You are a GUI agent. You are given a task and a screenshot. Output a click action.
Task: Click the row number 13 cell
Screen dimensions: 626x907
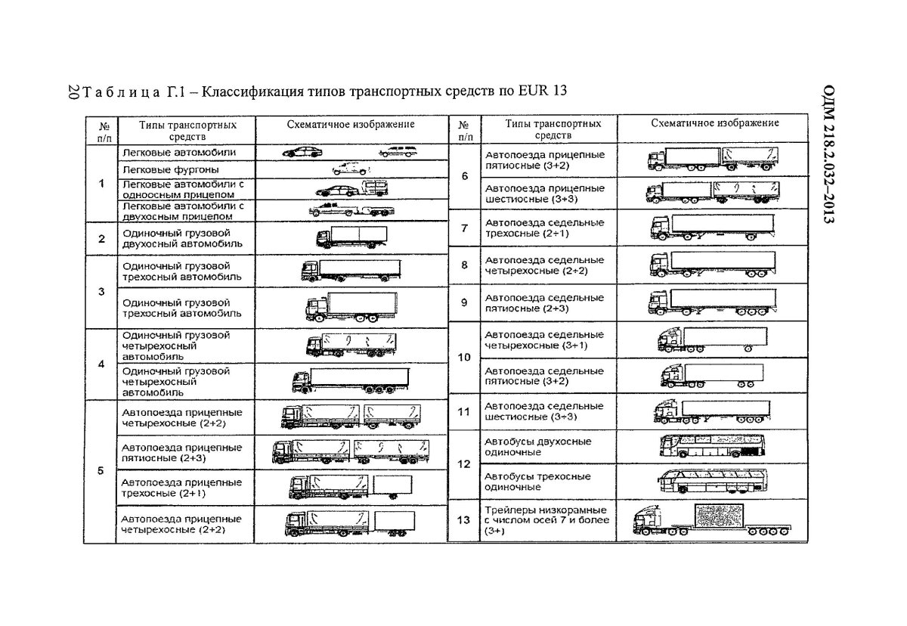pos(464,520)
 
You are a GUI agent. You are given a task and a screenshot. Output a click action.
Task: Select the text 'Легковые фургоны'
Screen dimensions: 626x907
pos(160,169)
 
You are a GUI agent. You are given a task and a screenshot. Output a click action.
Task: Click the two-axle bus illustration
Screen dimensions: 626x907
pos(707,448)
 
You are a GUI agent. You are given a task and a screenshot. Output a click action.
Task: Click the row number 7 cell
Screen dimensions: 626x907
pos(464,228)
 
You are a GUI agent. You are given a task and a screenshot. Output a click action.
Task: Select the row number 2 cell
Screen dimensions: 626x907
pos(101,239)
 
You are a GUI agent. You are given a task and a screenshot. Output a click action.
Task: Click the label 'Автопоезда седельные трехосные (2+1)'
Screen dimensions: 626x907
pos(544,228)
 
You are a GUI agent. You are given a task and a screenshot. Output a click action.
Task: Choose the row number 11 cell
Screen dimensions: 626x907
pos(464,412)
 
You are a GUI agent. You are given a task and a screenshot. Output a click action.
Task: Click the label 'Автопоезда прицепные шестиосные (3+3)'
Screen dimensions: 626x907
pos(544,193)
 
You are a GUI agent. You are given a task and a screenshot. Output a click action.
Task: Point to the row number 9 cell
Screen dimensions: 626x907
pos(464,302)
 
